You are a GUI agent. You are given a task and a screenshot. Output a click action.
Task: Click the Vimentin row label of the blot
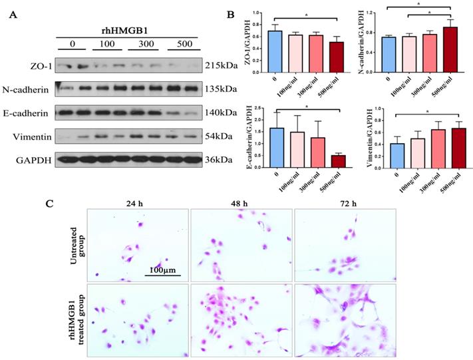click(31, 135)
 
